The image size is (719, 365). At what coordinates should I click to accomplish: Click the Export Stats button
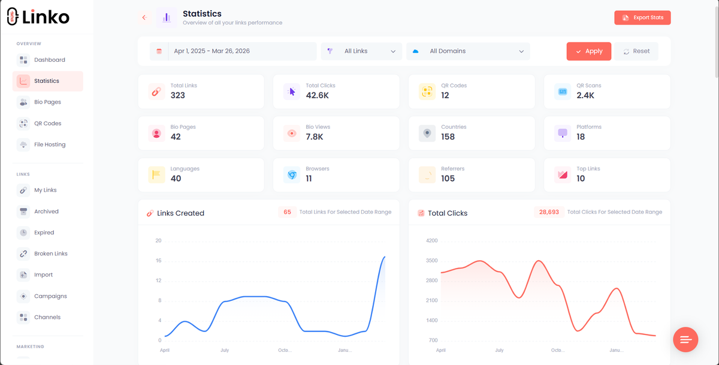(x=642, y=18)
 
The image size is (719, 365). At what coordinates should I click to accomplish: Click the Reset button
(x=636, y=52)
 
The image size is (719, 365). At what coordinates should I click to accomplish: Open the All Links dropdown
(x=362, y=52)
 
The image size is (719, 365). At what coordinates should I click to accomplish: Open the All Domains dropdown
(x=468, y=52)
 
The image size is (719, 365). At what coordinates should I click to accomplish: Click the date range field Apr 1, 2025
(x=233, y=52)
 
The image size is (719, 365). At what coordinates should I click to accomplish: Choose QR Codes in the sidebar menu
(x=47, y=123)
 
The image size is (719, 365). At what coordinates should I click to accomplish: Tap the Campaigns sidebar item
(x=50, y=296)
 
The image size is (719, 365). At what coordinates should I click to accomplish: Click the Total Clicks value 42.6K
(x=317, y=95)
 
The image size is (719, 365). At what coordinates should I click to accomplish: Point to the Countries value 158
(x=448, y=137)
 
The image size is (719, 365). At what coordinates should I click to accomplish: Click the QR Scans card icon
(x=563, y=92)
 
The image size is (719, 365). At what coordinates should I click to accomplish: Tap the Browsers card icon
(x=292, y=175)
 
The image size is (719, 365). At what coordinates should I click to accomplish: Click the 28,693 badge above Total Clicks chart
(x=549, y=212)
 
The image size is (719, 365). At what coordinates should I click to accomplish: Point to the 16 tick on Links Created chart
(x=158, y=261)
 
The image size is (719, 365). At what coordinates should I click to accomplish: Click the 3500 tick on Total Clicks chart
(x=431, y=261)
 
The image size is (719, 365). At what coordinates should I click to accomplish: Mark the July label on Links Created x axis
(x=225, y=350)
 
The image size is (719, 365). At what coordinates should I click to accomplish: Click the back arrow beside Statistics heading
(x=144, y=18)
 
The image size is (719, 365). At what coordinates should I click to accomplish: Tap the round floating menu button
(x=685, y=340)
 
